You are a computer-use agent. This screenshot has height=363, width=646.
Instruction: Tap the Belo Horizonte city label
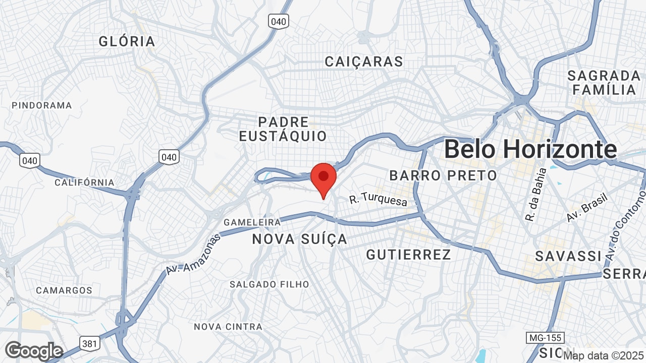coord(530,149)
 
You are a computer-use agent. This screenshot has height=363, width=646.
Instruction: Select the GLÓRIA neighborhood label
coord(127,41)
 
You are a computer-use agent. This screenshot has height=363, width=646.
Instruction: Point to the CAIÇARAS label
coord(364,62)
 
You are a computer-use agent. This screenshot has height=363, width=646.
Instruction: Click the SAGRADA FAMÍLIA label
coord(604,83)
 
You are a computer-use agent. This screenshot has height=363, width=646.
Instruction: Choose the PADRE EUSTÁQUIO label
coord(283,129)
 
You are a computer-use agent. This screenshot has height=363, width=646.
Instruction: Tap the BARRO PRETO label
coord(443,175)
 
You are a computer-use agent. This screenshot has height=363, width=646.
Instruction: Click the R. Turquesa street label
coord(378,200)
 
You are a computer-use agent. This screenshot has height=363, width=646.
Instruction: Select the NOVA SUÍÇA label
coord(300,239)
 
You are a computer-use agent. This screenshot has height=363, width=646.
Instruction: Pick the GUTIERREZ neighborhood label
coord(408,255)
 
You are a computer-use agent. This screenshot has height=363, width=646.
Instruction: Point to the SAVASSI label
coord(568,256)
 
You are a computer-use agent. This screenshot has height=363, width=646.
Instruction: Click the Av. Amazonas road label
coord(193,254)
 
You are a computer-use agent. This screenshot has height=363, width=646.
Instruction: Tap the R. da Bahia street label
coord(536,195)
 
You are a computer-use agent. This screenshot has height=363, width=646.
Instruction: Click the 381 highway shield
coord(89,344)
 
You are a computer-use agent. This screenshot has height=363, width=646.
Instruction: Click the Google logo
coord(34,351)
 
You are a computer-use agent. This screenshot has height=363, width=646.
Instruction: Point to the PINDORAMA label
coord(42,105)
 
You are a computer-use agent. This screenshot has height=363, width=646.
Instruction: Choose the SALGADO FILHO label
coord(269,284)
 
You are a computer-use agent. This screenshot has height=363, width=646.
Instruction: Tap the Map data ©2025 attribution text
coord(604,356)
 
